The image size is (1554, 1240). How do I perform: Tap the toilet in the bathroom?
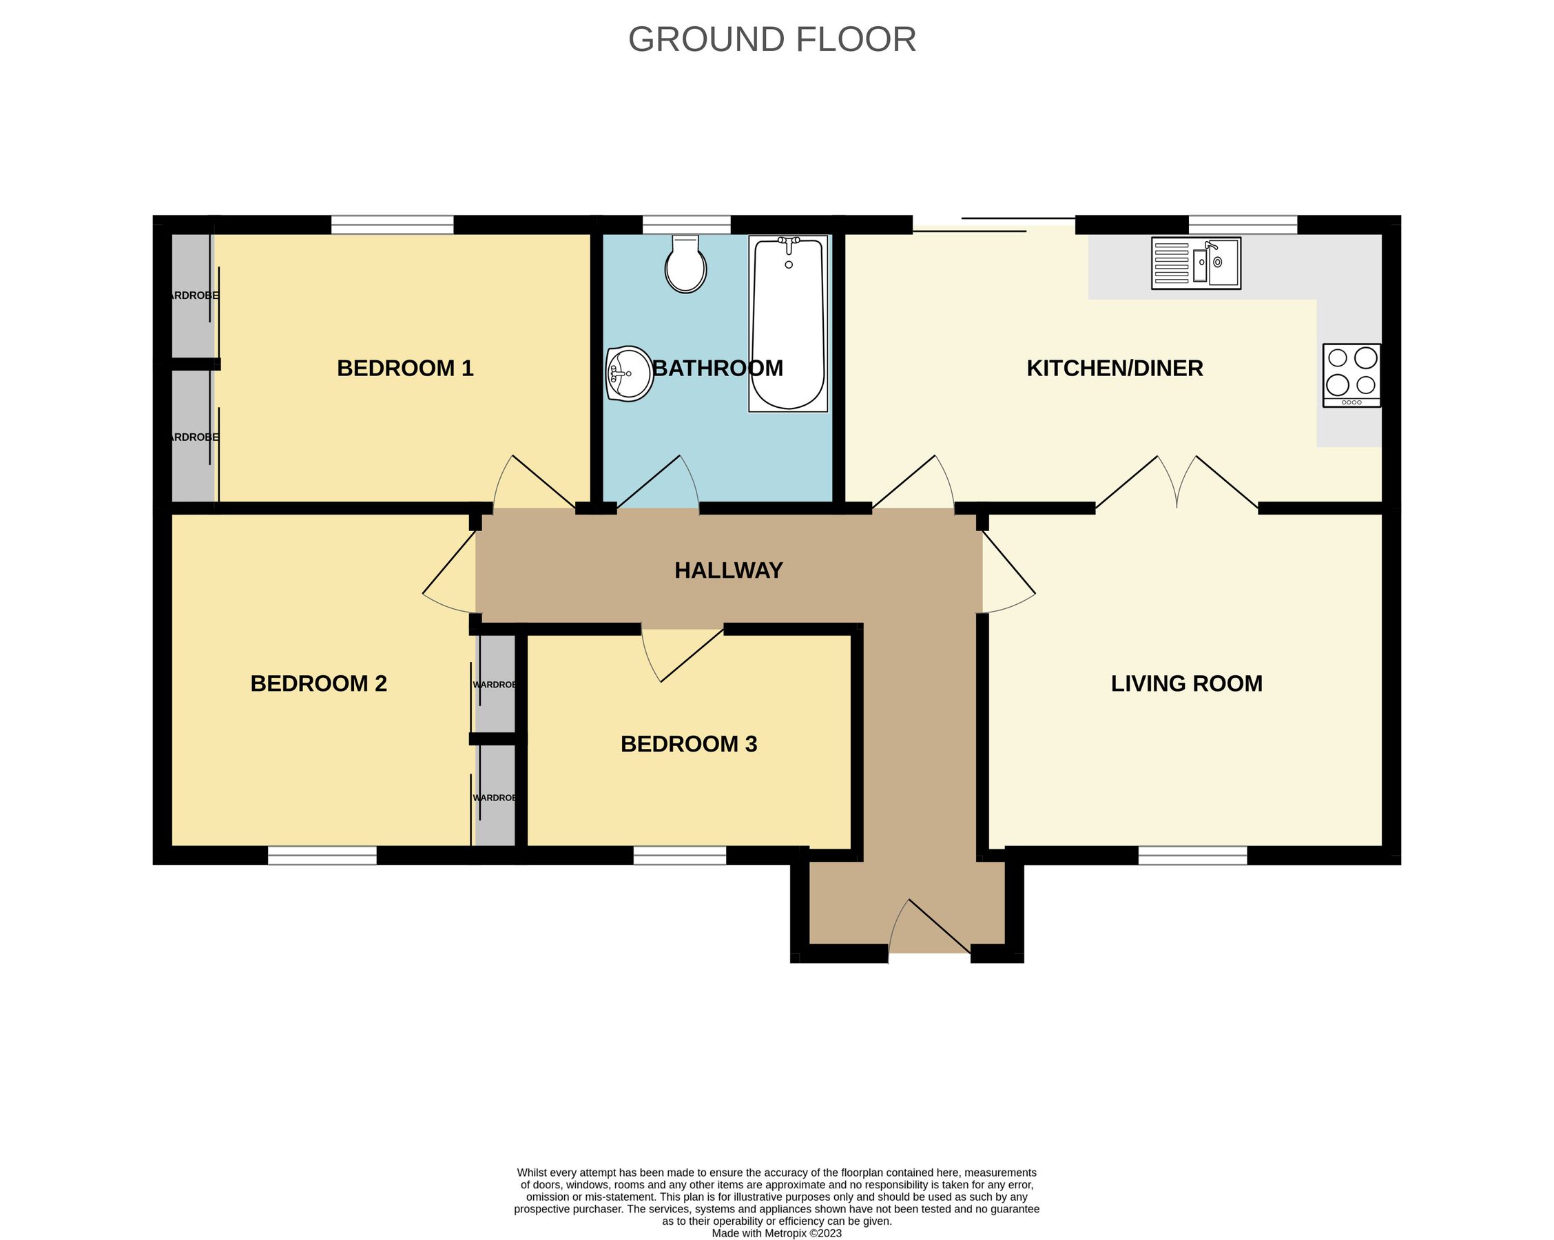685,264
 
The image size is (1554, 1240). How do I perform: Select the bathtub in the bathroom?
788,324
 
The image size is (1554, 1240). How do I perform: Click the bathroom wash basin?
628,373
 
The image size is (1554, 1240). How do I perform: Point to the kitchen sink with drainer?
1196,263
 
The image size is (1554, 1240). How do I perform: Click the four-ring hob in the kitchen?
1351,375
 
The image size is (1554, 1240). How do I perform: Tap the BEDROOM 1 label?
405,369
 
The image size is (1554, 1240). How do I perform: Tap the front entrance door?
930,930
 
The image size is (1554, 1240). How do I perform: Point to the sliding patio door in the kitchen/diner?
995,225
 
